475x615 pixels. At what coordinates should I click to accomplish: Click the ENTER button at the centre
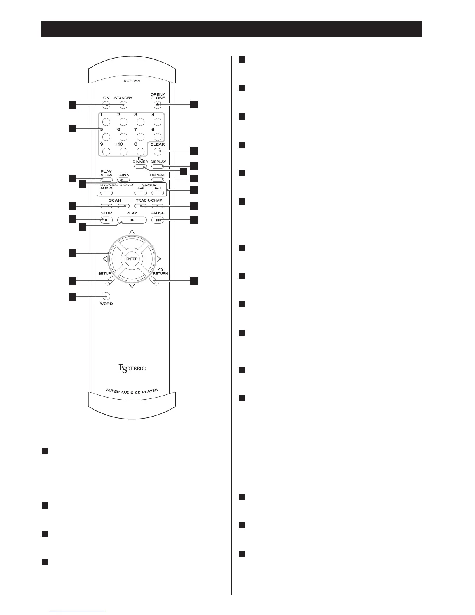(x=132, y=259)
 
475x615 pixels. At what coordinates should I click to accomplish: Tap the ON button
(x=106, y=104)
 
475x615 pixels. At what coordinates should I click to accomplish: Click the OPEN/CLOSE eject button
(x=158, y=104)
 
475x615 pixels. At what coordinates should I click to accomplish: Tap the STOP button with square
(x=106, y=220)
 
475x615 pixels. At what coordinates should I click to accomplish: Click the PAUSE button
(x=158, y=220)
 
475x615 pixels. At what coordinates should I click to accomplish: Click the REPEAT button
(x=158, y=179)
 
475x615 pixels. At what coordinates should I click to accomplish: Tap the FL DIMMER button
(x=140, y=166)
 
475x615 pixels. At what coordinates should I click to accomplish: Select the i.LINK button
(x=123, y=179)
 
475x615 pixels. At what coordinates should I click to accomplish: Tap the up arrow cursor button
(x=132, y=244)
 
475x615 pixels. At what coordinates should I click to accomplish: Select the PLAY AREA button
(x=106, y=179)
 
